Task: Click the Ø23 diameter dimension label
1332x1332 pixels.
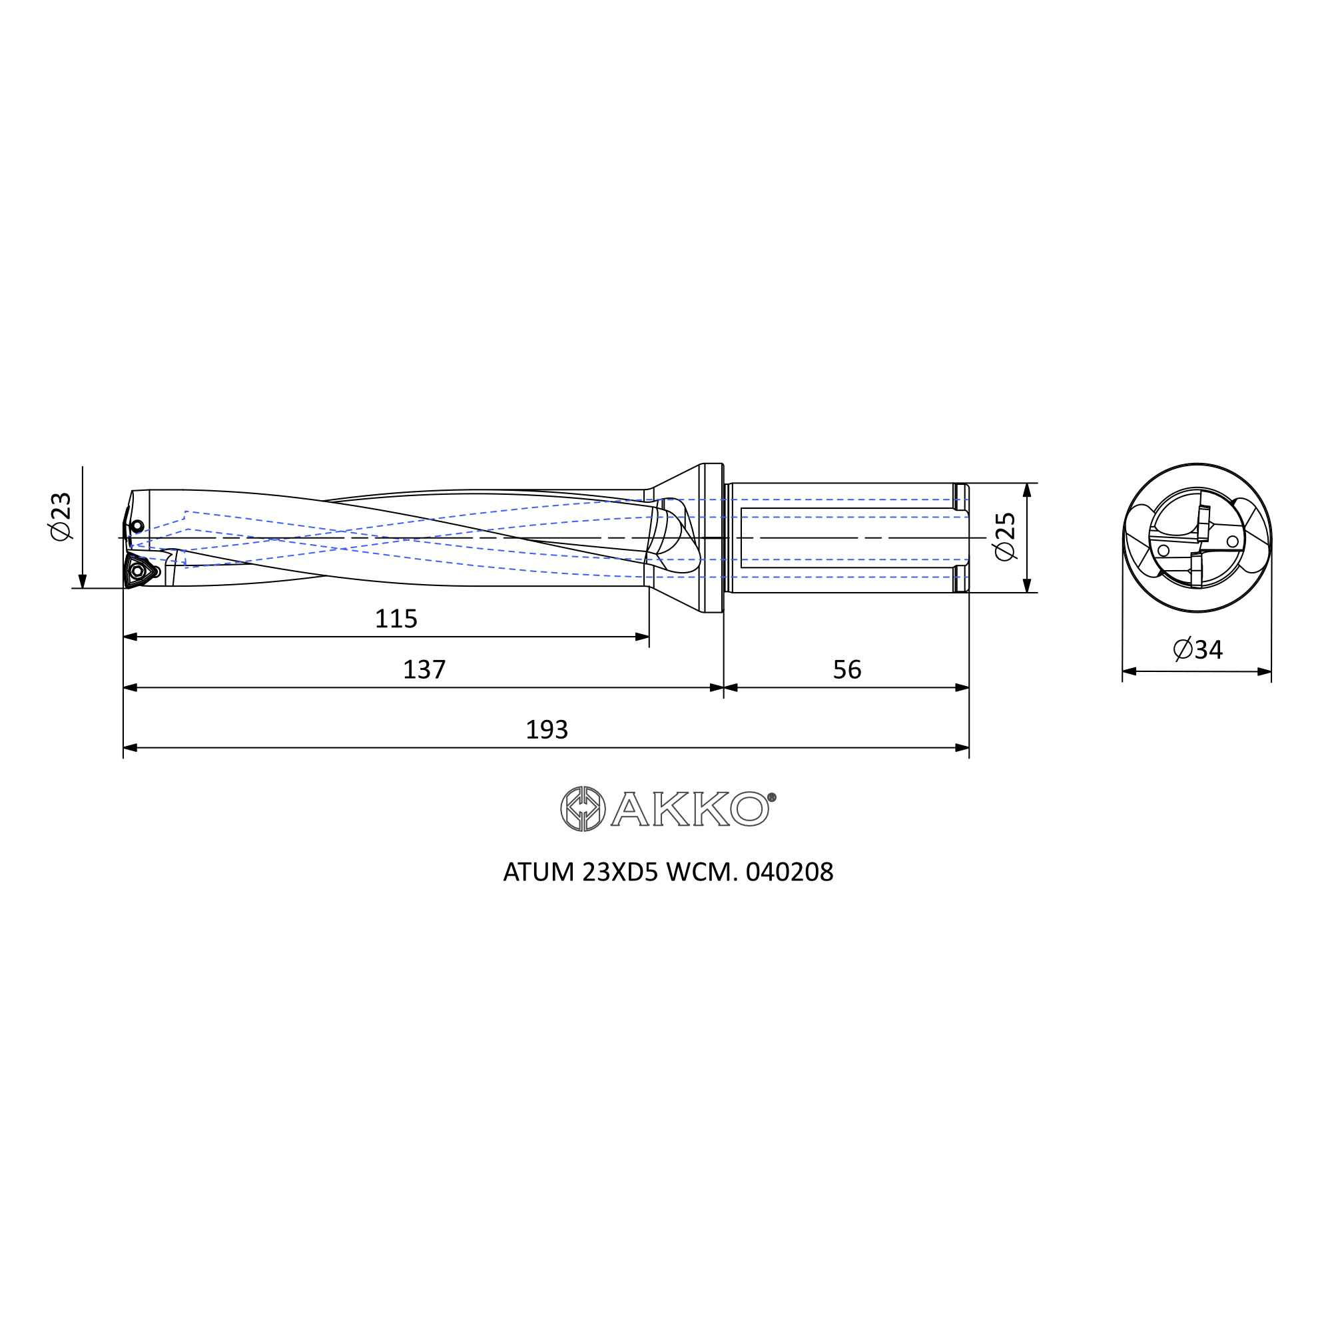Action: [x=61, y=516]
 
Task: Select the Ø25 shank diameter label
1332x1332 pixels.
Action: [x=1005, y=535]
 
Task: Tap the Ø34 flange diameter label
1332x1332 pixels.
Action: [x=1198, y=649]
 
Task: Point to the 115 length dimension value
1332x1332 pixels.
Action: [x=396, y=619]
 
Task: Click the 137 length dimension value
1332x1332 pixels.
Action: [x=424, y=669]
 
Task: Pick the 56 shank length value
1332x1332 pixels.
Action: [x=846, y=669]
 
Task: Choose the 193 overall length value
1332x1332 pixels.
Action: [x=547, y=729]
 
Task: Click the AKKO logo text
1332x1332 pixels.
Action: [x=689, y=809]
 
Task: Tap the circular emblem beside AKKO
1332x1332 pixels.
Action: [x=583, y=809]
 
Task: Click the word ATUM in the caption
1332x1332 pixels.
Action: [x=538, y=872]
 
